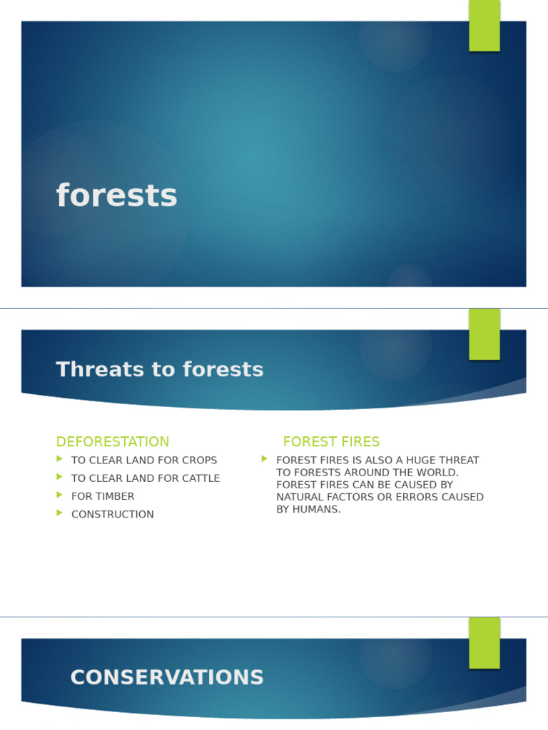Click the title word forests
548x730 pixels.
[116, 196]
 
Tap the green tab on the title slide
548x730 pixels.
[484, 26]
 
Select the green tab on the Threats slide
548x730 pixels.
[484, 334]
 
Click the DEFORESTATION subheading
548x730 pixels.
[113, 441]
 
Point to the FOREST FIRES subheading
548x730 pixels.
[331, 441]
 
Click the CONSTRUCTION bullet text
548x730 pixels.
[112, 514]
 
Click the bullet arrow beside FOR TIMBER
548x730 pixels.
[60, 495]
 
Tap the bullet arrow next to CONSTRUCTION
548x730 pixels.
[60, 513]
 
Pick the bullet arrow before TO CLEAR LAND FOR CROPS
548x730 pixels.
[60, 459]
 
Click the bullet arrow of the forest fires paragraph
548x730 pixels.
[265, 459]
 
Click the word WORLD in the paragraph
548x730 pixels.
[438, 473]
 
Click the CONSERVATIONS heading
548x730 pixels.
[167, 677]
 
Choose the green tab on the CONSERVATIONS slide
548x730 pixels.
[484, 643]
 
